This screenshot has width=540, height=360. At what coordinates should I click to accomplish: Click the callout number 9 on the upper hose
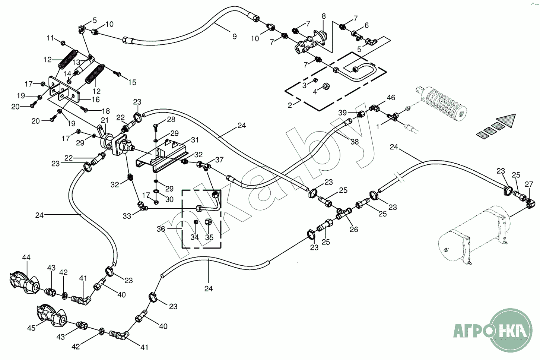click(x=234, y=37)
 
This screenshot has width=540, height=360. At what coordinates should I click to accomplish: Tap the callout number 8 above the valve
click(x=324, y=16)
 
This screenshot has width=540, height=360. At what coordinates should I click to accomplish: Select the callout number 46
click(x=391, y=98)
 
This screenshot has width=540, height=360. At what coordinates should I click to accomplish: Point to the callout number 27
click(x=529, y=184)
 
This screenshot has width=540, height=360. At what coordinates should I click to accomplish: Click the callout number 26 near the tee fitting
click(x=354, y=230)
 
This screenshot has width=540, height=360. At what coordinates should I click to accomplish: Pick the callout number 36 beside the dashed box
click(x=161, y=229)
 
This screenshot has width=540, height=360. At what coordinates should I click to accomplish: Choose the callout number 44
click(x=26, y=258)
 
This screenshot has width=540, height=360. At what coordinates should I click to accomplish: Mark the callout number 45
click(x=31, y=328)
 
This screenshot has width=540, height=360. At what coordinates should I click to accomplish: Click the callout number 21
click(x=105, y=120)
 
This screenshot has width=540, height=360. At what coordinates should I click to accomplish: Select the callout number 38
click(x=355, y=142)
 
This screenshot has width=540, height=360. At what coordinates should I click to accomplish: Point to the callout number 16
click(x=96, y=100)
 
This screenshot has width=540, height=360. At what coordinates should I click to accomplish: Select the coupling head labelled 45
click(x=52, y=315)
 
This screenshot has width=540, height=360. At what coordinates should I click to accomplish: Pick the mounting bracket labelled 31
click(x=160, y=158)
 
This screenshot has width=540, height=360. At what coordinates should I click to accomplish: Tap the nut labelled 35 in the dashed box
click(x=209, y=222)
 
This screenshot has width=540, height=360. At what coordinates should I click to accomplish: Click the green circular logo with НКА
click(x=510, y=330)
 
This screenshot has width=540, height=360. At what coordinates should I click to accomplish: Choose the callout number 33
click(x=127, y=216)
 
